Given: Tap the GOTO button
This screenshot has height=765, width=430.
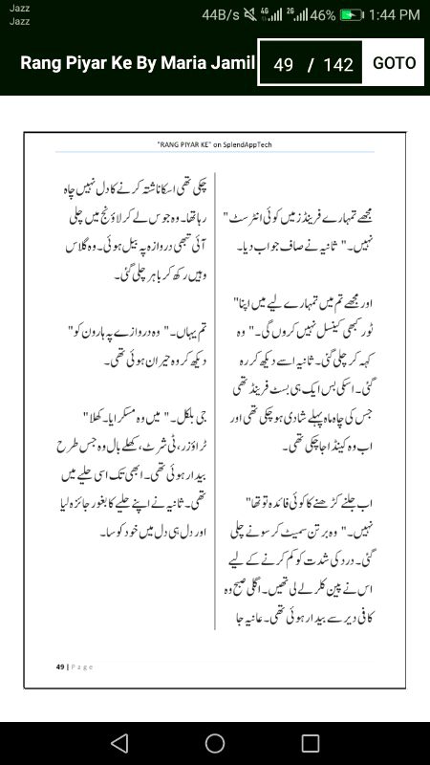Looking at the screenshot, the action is tap(394, 63).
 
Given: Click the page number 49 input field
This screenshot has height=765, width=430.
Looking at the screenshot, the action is tap(283, 65).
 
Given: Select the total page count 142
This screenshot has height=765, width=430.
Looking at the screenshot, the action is tap(338, 65).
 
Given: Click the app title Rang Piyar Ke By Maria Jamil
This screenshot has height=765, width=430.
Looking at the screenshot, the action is tap(138, 64).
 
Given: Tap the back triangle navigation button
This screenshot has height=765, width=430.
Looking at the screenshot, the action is tap(118, 743).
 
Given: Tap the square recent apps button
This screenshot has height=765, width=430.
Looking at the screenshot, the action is tap(311, 743).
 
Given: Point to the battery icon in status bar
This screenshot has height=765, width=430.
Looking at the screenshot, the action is tap(353, 15).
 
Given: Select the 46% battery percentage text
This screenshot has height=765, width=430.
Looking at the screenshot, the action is tap(322, 15).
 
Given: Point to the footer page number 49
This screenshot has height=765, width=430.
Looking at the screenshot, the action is tap(59, 667).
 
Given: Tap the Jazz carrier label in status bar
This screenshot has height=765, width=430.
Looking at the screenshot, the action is tap(19, 9).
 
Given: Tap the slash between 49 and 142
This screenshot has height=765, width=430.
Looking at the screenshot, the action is tap(311, 65).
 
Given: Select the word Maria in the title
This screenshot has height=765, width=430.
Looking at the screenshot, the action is tap(191, 64).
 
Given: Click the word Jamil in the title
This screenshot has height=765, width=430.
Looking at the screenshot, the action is tap(235, 64).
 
